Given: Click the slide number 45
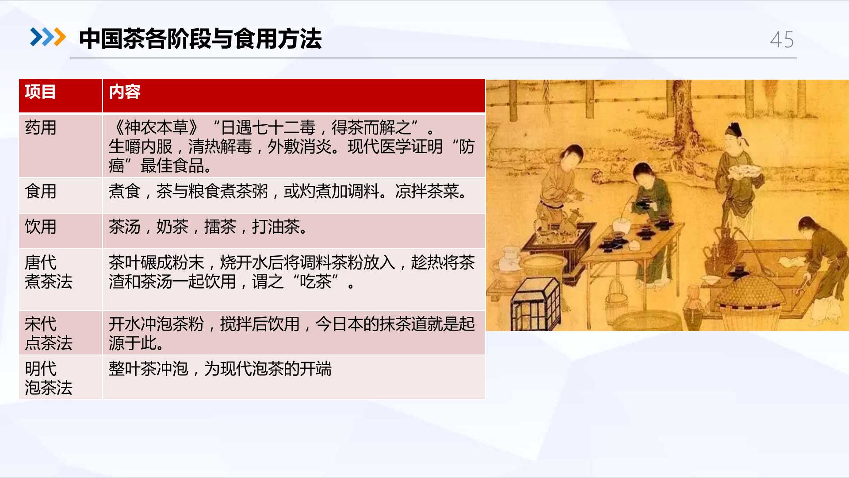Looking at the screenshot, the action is coord(782,40).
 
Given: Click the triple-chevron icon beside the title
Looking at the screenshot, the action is coord(48,37).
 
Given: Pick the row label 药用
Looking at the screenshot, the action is coord(41,127).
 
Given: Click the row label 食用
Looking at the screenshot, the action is coord(41,191).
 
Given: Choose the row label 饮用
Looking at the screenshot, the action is coord(41,227).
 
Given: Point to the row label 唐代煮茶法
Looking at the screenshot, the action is coord(49,272).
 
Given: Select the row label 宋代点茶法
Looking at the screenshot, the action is coord(49,333).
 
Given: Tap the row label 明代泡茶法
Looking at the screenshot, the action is coord(49,378).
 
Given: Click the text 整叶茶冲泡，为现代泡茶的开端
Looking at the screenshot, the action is coord(220,369).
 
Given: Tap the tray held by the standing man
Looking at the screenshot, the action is coord(746,170).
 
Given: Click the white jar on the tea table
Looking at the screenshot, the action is coord(621,226).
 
